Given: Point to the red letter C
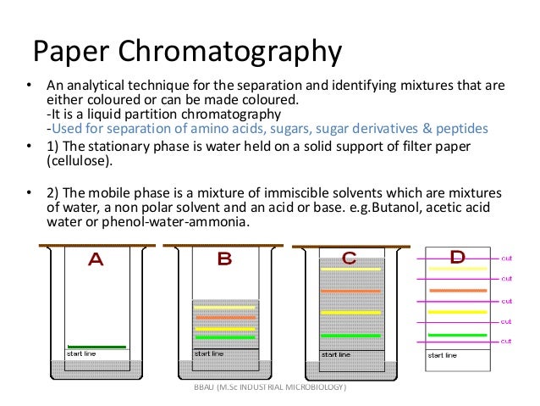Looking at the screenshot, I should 349,258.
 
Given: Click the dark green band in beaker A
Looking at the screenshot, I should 97,346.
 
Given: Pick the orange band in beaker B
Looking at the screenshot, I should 225,319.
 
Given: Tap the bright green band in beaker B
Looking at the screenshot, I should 225,338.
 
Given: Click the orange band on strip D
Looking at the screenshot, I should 457,291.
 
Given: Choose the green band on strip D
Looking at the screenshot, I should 457,336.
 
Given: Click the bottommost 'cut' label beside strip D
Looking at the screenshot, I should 506,341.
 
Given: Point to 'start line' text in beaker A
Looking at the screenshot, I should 82,353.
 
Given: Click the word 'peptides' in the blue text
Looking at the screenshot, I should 462,130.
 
